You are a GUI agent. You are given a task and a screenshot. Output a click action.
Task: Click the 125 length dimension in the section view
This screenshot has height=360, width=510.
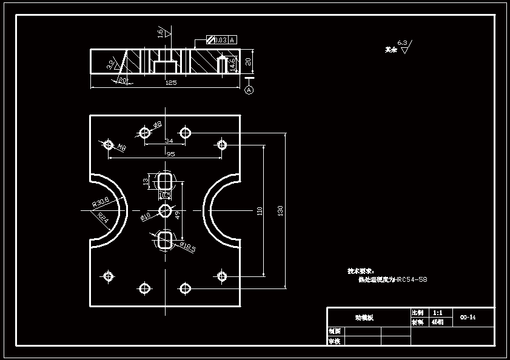[x=170, y=83]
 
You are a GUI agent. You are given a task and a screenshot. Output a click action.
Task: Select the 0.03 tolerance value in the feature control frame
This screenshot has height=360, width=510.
[x=220, y=40]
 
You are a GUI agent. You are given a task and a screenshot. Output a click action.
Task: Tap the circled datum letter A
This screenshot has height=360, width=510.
[x=249, y=90]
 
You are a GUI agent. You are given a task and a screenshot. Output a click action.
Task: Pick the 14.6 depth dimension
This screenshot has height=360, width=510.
[x=233, y=65]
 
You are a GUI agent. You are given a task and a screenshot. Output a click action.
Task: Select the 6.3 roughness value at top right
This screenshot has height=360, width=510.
[x=402, y=43]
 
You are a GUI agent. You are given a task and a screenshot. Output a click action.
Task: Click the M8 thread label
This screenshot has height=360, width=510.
[x=121, y=148]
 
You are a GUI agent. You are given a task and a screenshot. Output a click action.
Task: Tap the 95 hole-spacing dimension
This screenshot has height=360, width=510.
[x=170, y=155]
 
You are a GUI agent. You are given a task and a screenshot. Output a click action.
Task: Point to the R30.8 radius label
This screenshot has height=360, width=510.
[x=101, y=202]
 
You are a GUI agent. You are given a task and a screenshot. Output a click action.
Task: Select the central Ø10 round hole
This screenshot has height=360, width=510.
[x=165, y=210]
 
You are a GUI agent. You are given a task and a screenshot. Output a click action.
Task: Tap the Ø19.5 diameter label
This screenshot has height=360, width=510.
[x=187, y=248]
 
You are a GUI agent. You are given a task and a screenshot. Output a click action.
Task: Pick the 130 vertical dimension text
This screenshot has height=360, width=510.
[x=280, y=210]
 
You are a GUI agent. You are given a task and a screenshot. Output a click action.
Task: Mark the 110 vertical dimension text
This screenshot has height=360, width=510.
[x=260, y=210]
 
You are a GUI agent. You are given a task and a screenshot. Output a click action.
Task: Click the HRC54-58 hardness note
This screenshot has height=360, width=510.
[x=411, y=280]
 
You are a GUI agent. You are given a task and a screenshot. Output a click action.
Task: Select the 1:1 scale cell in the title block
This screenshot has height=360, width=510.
[x=437, y=313]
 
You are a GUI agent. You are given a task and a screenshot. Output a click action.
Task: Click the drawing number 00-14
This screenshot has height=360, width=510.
[x=468, y=317]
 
